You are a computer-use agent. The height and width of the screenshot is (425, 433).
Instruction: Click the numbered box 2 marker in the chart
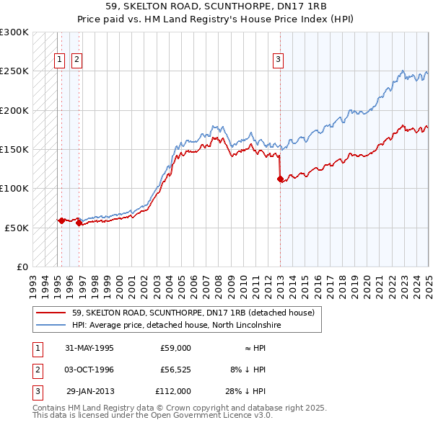click(x=76, y=60)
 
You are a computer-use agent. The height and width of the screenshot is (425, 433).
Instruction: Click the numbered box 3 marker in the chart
click(x=279, y=60)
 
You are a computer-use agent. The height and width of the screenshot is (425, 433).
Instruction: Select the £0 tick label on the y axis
click(x=22, y=267)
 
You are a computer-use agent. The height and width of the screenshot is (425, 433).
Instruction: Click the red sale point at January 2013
click(x=280, y=179)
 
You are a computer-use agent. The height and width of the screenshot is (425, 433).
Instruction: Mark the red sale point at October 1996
click(x=79, y=223)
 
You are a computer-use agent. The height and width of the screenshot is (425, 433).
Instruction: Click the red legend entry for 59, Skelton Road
click(x=193, y=313)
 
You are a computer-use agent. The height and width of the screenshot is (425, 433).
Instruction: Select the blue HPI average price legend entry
click(x=176, y=326)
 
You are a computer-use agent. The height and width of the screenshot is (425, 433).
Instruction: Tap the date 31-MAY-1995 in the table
click(x=89, y=348)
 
